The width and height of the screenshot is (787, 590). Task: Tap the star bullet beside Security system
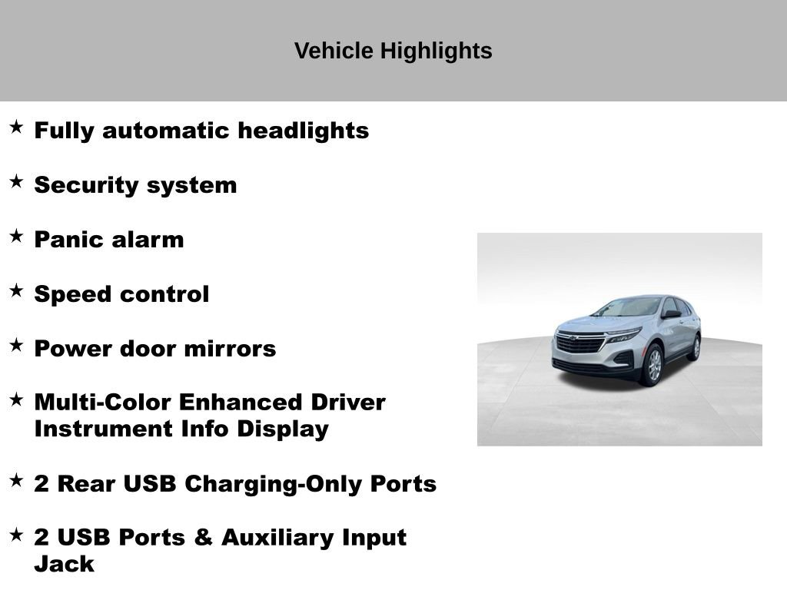click(x=16, y=182)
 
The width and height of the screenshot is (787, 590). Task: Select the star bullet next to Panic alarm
click(x=16, y=237)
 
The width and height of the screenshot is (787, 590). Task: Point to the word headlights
click(x=303, y=131)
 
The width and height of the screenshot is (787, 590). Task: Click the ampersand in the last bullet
click(x=203, y=538)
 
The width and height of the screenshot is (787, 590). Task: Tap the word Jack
click(x=64, y=564)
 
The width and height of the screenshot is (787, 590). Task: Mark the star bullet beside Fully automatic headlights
click(x=16, y=128)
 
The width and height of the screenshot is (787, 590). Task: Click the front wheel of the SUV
click(x=653, y=364)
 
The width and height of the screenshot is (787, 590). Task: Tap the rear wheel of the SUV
click(x=695, y=347)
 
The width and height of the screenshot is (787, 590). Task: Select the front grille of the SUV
click(x=580, y=343)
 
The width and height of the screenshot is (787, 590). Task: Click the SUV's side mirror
click(x=670, y=313)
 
